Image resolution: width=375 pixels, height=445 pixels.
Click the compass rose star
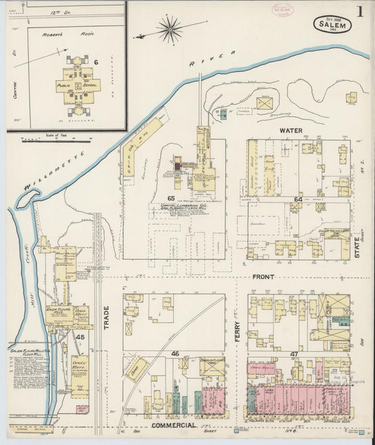169,30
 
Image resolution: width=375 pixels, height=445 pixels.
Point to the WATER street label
291,130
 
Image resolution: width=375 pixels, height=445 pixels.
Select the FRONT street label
263,277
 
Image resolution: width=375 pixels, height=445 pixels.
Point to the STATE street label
358,246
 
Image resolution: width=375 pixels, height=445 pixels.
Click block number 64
298,200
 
